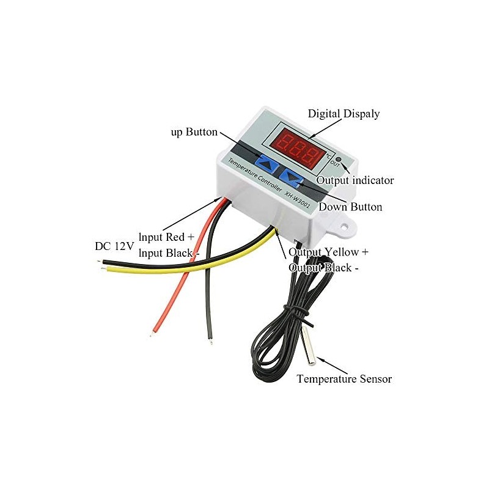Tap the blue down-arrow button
[x=292, y=177]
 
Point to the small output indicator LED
[x=339, y=158]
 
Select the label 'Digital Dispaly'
[x=344, y=114]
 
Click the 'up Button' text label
[x=194, y=132]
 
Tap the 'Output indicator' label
[x=355, y=180]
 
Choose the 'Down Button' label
[x=350, y=207]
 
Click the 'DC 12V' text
[x=114, y=246]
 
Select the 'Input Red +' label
[x=166, y=237]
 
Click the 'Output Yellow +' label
[x=328, y=252]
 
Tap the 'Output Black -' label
[x=323, y=268]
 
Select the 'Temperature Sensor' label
[x=344, y=379]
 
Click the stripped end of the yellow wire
[x=103, y=268]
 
